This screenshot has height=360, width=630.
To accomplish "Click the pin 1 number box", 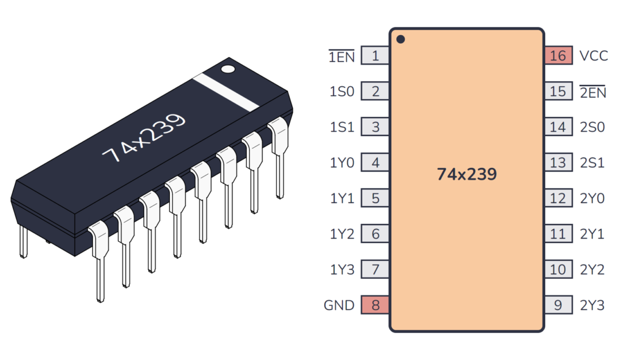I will tap(375, 56).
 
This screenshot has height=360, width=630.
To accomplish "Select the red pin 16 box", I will tap(558, 56).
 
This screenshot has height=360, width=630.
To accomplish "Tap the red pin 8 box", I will tap(375, 305).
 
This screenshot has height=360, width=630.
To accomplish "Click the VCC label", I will tap(593, 56).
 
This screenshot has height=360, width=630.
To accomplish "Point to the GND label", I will tap(339, 305).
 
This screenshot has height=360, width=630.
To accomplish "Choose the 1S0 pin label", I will tap(342, 92).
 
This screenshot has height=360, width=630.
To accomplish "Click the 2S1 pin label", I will tap(592, 163).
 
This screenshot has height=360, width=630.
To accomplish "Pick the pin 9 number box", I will tap(558, 305).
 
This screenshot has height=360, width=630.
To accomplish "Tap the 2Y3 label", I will tap(592, 305).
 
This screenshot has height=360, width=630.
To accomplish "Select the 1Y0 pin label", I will tap(342, 163).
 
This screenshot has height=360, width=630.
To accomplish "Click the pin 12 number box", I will tap(558, 199).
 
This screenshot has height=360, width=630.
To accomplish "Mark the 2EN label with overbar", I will tap(592, 92).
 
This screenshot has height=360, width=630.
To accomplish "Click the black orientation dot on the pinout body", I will tap(401, 39).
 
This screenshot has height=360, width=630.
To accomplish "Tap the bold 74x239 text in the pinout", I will tap(466, 174).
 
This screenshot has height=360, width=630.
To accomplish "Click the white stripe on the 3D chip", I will tap(226, 92).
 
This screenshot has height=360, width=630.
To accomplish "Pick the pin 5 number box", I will tap(375, 199).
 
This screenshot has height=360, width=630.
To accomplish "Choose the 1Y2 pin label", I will tap(342, 234).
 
